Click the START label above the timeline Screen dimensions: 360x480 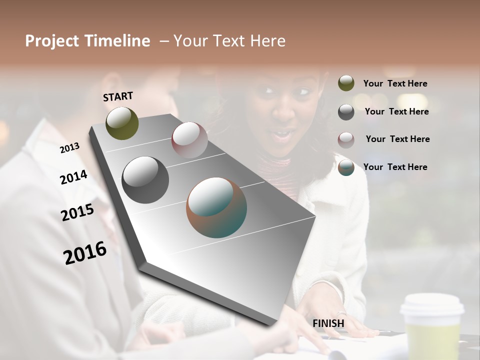pos(118,96)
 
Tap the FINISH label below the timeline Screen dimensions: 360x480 pos(328,323)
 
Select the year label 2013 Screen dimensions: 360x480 pos(69,147)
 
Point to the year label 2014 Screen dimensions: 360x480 pos(73,177)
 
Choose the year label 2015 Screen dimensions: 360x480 pos(77,212)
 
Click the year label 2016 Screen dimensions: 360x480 pos(85,253)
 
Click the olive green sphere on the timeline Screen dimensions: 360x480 pos(122,123)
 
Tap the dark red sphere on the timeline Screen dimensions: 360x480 pos(189,139)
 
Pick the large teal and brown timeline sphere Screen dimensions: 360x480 pos(216,207)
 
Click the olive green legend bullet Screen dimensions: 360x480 pos(346,83)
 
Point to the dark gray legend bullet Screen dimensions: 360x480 pos(346,112)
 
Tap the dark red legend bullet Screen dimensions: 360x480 pos(346,139)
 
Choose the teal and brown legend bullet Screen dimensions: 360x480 pos(346,167)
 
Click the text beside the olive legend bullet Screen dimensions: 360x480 pos(395,84)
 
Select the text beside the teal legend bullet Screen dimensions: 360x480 pos(395,167)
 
